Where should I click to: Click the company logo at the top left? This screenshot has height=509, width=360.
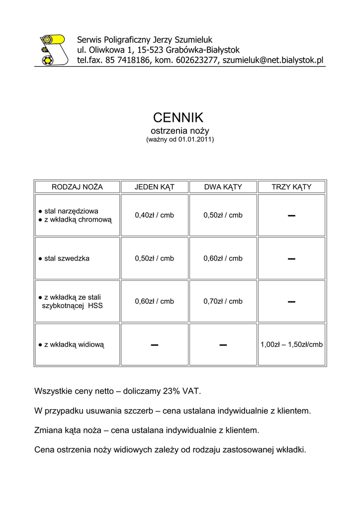(x=53, y=50)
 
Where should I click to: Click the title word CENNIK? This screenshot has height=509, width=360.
(x=178, y=118)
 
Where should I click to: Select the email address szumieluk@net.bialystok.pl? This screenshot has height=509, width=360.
(x=273, y=60)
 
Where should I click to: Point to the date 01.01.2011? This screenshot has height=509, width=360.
(x=195, y=140)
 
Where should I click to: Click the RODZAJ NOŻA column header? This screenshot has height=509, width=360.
(x=77, y=187)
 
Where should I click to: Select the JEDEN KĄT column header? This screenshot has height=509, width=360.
(x=154, y=187)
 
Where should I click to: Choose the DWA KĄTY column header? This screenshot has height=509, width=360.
(x=223, y=187)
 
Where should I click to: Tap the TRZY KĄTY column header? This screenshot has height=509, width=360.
(x=291, y=187)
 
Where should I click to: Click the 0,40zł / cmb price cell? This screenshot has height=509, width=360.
(x=154, y=215)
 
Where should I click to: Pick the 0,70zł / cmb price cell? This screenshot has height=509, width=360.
(x=223, y=301)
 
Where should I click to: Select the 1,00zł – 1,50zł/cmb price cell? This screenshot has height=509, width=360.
(x=291, y=344)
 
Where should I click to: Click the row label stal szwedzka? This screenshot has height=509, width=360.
(x=67, y=258)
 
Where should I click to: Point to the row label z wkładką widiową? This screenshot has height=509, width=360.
(x=74, y=344)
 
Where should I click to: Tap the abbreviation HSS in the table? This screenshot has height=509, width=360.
(x=95, y=306)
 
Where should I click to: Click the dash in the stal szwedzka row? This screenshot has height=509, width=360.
(x=291, y=259)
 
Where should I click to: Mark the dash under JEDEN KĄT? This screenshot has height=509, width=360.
(x=154, y=344)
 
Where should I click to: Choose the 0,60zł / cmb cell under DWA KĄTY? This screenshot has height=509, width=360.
(x=223, y=258)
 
